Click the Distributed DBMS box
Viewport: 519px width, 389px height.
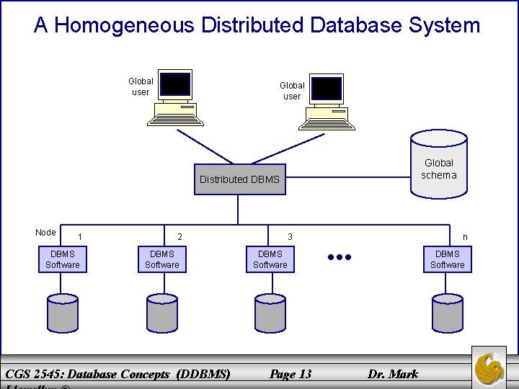(x=239, y=179)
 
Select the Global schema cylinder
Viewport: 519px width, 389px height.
(x=438, y=165)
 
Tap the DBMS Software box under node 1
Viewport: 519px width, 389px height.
(x=63, y=259)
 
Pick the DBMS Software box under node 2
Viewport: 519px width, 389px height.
(x=162, y=259)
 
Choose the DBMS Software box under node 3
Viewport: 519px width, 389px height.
(x=270, y=259)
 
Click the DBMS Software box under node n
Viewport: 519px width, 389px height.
(x=448, y=259)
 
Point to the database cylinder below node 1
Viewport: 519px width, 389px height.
(x=63, y=312)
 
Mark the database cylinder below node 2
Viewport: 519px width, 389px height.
(x=162, y=312)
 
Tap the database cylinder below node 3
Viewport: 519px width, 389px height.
(x=270, y=312)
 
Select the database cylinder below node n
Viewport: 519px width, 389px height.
(x=448, y=312)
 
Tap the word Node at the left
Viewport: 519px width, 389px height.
(x=45, y=232)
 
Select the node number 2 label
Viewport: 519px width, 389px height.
(x=180, y=237)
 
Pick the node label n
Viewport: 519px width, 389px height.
(x=465, y=237)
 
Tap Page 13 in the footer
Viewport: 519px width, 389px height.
(x=290, y=373)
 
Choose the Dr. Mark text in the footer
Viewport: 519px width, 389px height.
(x=393, y=373)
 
